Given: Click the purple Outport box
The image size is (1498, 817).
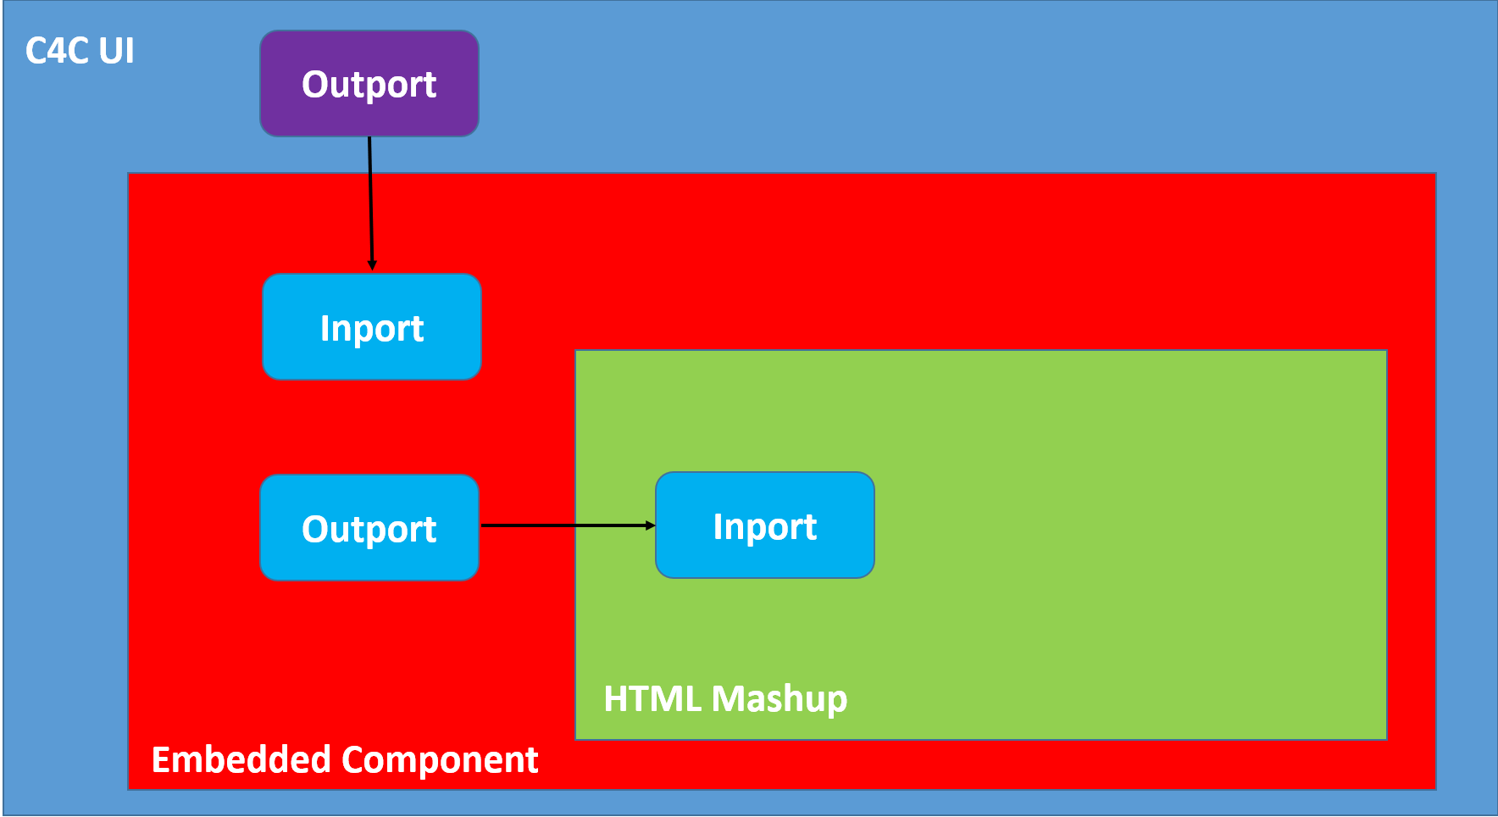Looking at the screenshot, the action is [x=369, y=84].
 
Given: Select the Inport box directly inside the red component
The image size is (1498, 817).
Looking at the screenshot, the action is [x=372, y=327].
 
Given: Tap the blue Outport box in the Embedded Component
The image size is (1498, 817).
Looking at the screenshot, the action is [x=369, y=527].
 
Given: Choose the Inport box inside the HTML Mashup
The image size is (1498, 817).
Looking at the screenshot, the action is [x=765, y=525].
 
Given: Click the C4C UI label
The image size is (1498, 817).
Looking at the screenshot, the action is [x=80, y=51].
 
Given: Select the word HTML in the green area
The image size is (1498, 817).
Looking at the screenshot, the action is [x=653, y=699].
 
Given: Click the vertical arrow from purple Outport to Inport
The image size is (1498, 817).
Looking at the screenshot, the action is [x=371, y=203].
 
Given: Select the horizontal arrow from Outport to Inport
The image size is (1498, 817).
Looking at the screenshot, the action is [x=569, y=525].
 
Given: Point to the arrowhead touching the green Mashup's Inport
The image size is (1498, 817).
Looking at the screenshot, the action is [x=651, y=525].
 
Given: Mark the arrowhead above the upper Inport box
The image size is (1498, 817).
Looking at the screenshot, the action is [x=372, y=265].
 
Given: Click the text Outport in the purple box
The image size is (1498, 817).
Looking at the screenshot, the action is [x=369, y=85].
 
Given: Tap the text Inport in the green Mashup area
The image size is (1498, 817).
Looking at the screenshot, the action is [x=765, y=527].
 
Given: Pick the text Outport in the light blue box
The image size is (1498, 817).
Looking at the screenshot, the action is [x=369, y=530].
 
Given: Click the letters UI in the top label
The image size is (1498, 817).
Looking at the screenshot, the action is [x=116, y=51].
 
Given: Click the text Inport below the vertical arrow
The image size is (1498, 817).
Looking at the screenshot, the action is [x=372, y=329].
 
